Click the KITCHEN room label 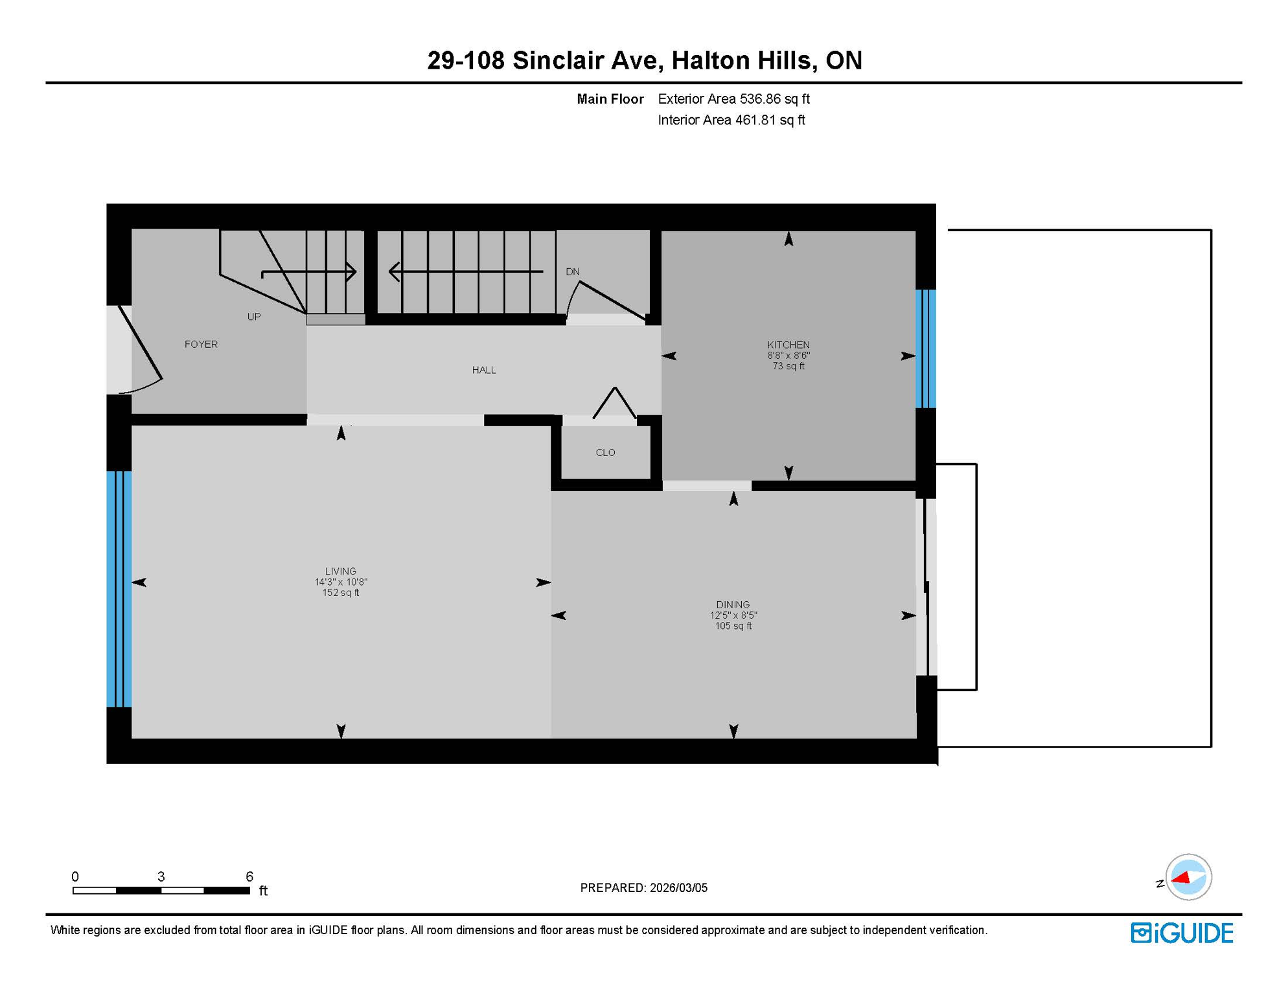[788, 345]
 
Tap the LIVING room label [340, 571]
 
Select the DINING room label [733, 604]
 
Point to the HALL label [483, 370]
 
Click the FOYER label [201, 344]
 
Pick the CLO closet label [605, 452]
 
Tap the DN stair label [572, 271]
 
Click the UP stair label [253, 317]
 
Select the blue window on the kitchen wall [925, 349]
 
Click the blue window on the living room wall [119, 588]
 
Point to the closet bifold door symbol [614, 403]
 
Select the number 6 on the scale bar [249, 876]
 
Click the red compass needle [1182, 878]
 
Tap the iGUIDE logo [1182, 933]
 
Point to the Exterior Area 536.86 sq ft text [733, 99]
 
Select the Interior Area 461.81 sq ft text [731, 120]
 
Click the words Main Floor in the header [610, 99]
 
